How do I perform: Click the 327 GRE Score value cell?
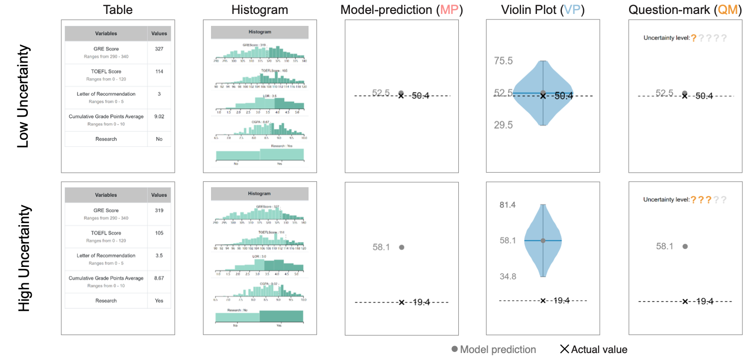tap(159, 49)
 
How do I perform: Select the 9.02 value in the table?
tap(159, 117)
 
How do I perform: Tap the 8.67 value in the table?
tap(159, 278)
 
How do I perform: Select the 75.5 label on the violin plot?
tap(503, 61)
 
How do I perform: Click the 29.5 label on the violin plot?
tap(503, 125)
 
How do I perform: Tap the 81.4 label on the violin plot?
tap(508, 205)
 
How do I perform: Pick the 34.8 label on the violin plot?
tap(508, 276)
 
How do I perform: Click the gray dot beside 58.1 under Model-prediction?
tap(402, 247)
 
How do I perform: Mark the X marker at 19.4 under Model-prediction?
tap(402, 302)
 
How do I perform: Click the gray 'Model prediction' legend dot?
tap(454, 350)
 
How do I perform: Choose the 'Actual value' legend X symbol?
tap(564, 350)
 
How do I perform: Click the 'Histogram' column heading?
tap(260, 9)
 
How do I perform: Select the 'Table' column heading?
tap(117, 9)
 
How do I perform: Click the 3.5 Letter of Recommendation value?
tap(159, 255)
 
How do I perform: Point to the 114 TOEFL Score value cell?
tap(159, 71)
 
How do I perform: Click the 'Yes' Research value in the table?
tap(159, 301)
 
